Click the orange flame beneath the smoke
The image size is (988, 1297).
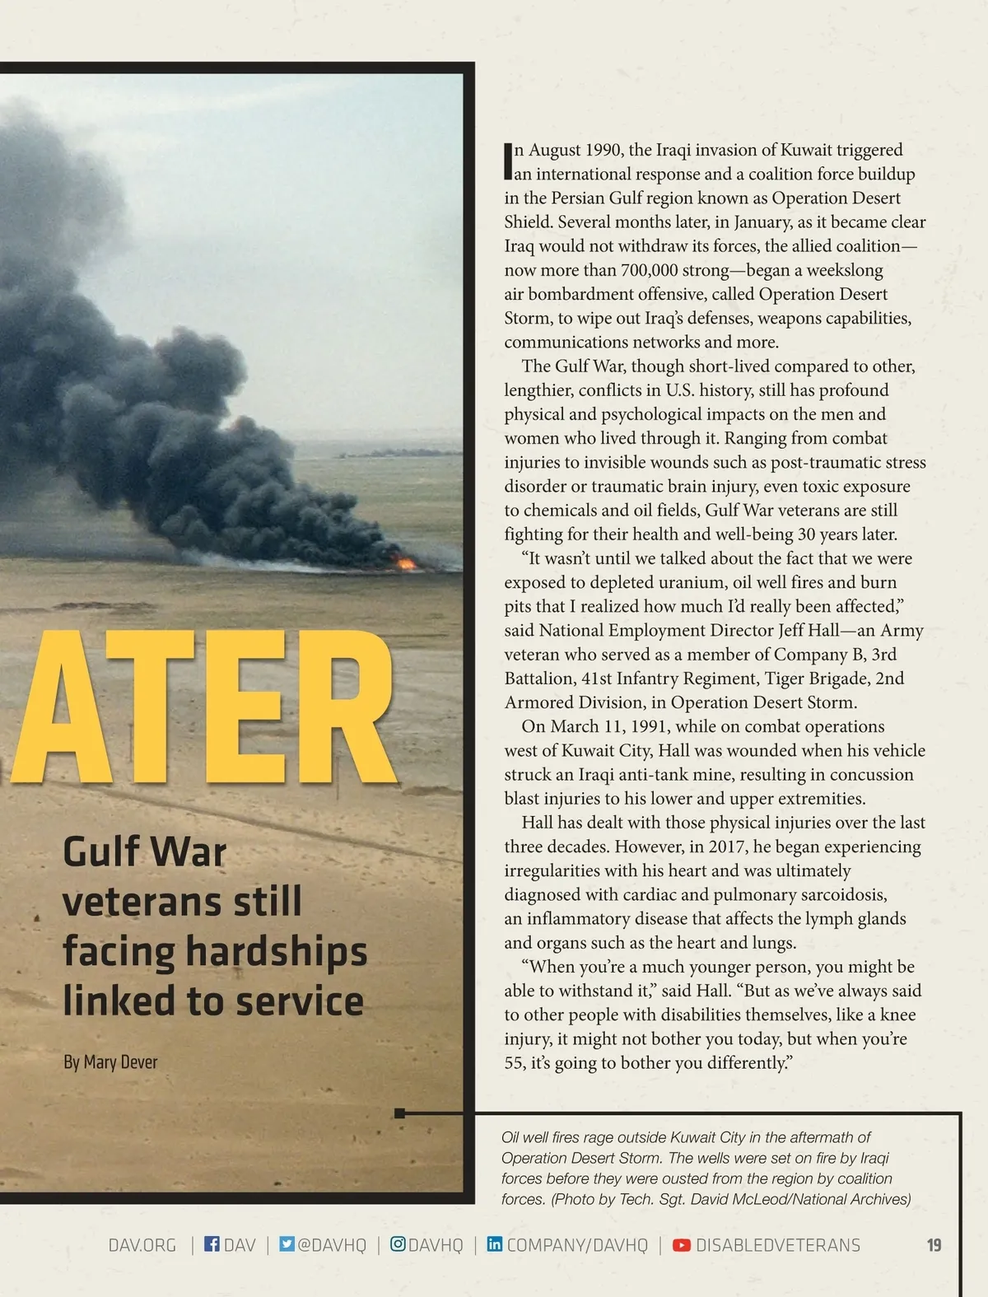coord(405,563)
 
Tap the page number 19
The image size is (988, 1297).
coord(934,1245)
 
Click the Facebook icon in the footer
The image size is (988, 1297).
coord(212,1243)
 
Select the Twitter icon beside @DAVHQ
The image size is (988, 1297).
coord(287,1243)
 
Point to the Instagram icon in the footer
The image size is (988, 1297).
coord(398,1243)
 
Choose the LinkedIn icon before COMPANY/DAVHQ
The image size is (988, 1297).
coord(494,1243)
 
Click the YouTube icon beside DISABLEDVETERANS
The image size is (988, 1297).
coord(682,1244)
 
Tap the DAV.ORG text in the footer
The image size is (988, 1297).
coord(142,1245)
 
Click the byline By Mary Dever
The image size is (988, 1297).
coord(110,1062)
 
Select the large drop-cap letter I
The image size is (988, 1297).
coord(508,161)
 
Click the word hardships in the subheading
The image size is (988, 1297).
coord(277,952)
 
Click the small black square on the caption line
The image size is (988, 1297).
coord(399,1113)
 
